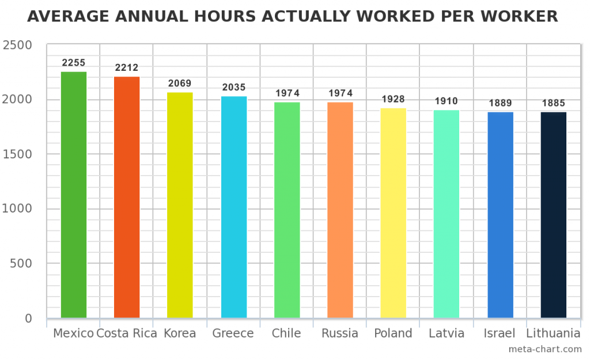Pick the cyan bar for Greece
tap(234, 207)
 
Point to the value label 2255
tap(74, 62)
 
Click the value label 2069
tap(180, 84)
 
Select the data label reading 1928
tap(394, 99)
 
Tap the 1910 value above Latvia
tap(447, 101)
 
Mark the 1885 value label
tap(553, 104)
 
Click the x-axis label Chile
tap(286, 334)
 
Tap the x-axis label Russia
tap(340, 334)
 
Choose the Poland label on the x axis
tap(393, 334)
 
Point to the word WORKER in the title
tap(519, 17)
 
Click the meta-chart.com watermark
tap(545, 349)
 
